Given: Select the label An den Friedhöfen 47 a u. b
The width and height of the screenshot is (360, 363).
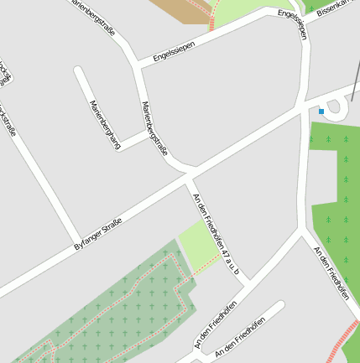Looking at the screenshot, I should coord(217,235).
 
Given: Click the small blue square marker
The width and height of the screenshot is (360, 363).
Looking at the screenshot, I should coord(321,111).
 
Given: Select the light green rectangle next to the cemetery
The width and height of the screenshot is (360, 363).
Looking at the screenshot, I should coord(197,244).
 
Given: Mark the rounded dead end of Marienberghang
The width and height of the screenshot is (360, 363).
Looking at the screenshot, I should coord(80,71).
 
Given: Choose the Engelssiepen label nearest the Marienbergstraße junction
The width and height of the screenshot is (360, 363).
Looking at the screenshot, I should coord(174,51).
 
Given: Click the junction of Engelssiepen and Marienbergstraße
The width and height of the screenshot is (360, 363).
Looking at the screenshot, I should coord(138,65).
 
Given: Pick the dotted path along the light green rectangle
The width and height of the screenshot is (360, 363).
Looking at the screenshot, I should coord(207,263).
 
